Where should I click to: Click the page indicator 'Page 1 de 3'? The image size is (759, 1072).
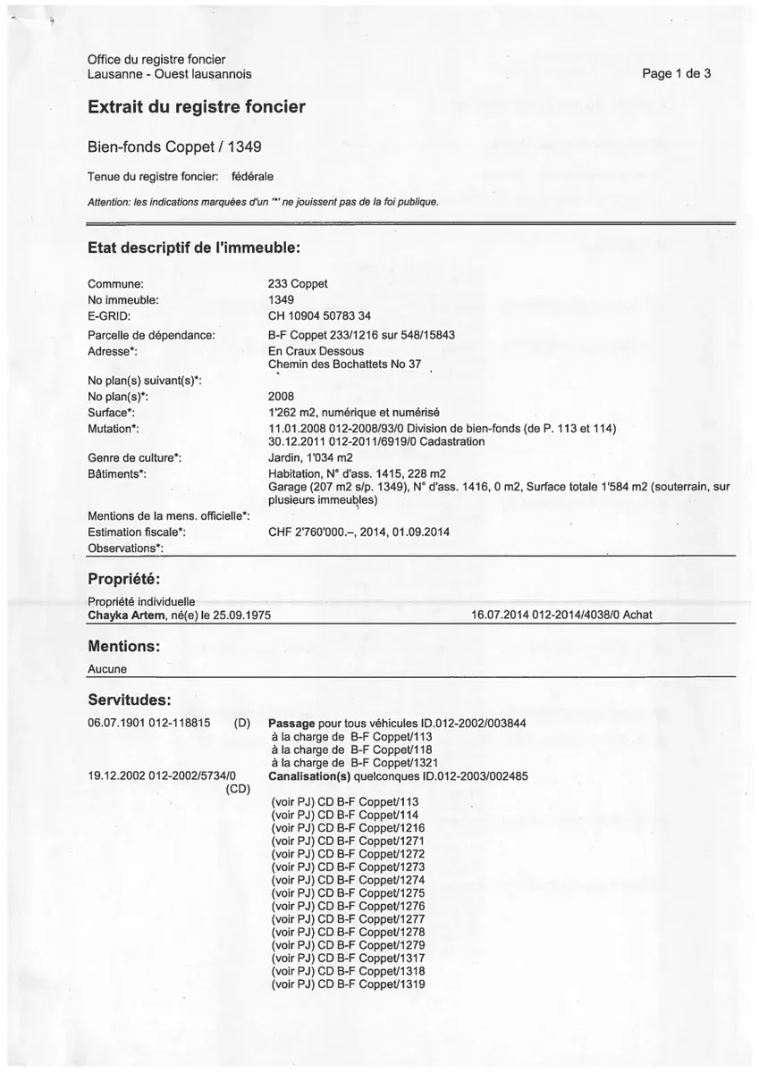676,74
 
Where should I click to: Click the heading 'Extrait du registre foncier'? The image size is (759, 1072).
196,107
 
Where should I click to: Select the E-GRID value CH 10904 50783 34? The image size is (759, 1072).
319,316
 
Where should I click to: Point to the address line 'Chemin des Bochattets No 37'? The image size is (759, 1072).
344,364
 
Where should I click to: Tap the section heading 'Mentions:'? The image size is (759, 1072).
123,645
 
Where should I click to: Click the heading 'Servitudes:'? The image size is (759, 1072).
130,698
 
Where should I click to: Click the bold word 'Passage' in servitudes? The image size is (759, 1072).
291,723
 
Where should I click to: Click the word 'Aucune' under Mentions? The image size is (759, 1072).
107,668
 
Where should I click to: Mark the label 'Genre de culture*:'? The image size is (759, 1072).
135,458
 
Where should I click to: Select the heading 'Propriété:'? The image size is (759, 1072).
123,581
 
